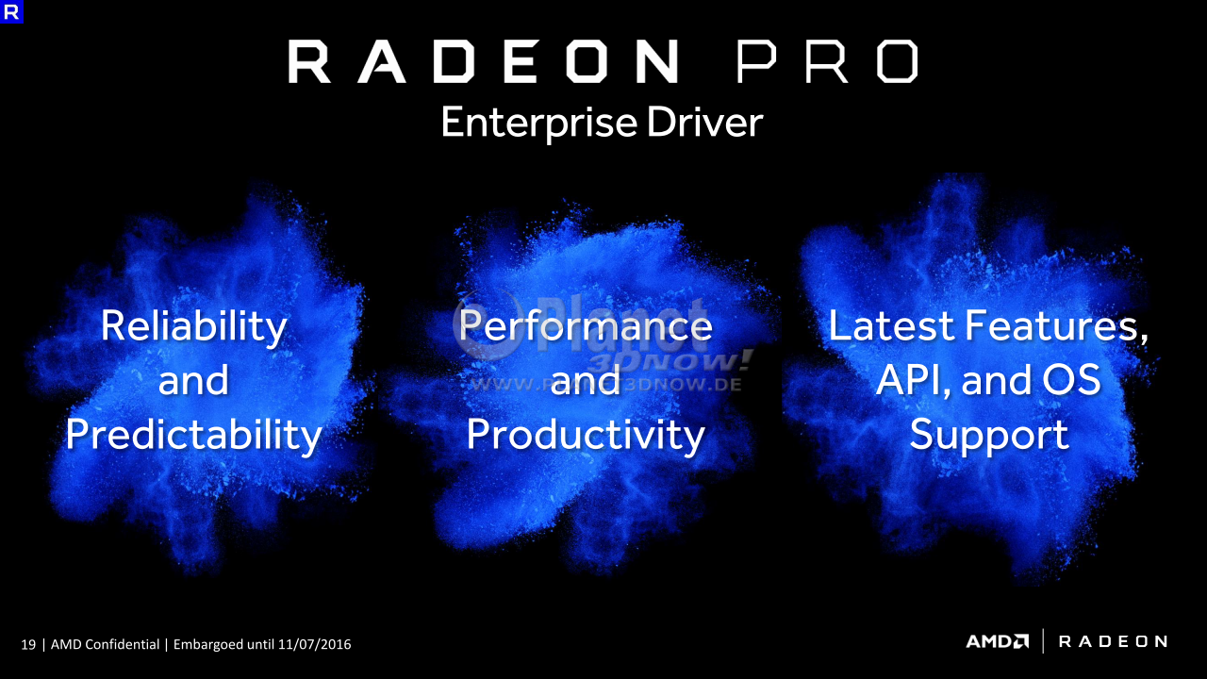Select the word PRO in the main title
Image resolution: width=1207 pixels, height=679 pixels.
pos(828,61)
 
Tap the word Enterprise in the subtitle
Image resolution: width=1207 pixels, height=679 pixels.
pos(539,124)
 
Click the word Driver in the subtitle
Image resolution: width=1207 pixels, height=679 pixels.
pos(704,122)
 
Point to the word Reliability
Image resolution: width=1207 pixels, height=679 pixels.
pos(194,327)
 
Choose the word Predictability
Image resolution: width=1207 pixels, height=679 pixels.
pos(194,436)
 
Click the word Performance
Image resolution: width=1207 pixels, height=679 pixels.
pos(586,325)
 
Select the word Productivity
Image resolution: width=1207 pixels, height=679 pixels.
pos(586,436)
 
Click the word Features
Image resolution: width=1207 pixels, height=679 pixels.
pos(1057,326)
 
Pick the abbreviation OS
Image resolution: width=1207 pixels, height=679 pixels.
pos(1071,379)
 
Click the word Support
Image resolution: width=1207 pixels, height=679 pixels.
pos(989,436)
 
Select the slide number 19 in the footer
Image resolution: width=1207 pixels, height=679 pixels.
pos(28,644)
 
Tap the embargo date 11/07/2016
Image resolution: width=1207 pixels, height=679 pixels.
pos(315,644)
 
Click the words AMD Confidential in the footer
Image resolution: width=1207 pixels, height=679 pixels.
pos(105,644)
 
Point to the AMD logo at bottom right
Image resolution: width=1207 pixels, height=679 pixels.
pos(998,641)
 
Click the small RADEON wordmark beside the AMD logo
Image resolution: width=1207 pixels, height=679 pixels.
pos(1114,641)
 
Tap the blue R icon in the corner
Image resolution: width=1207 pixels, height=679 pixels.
pos(11,11)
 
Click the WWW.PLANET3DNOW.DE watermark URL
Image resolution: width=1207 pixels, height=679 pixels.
pos(606,384)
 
